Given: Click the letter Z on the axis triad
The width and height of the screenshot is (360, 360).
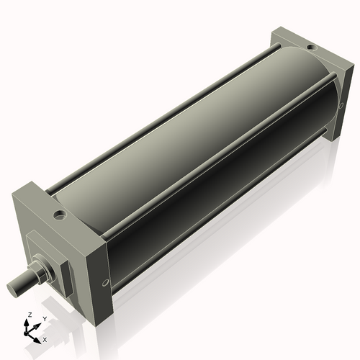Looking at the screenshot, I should coord(29,315).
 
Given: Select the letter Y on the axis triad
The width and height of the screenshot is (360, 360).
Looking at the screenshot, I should coord(44,318).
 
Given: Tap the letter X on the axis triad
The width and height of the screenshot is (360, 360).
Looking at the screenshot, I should coord(45,338).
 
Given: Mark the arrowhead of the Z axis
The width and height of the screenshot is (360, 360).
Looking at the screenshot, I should coord(29,323).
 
